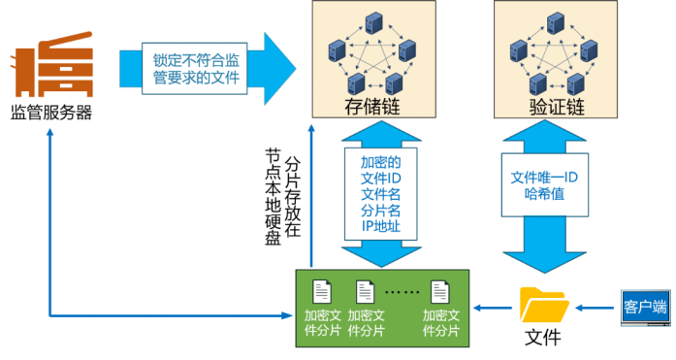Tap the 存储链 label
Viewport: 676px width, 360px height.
point(370,106)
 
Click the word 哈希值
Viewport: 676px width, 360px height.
point(544,194)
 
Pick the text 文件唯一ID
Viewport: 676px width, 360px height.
point(544,177)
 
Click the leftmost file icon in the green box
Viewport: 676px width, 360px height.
point(322,291)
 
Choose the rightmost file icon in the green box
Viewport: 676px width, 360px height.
point(440,291)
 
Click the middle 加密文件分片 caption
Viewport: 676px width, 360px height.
point(366,323)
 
